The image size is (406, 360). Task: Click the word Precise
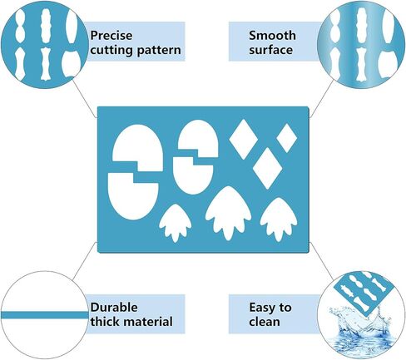pos(111,36)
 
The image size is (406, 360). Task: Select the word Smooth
pos(272,36)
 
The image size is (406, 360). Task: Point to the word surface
pos(270,50)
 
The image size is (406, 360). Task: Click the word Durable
pos(114,308)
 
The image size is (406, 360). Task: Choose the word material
pos(148,322)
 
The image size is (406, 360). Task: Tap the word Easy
pos(261,308)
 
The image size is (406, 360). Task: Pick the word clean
pos(265,322)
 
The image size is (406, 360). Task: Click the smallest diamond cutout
pos(287,138)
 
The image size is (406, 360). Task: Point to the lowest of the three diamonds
pos(268,168)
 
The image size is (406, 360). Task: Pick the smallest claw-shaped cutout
pos(175,223)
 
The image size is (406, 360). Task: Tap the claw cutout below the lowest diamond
pos(279,219)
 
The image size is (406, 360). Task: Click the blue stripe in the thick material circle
pos(44,315)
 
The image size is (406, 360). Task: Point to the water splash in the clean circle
pos(360,331)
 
